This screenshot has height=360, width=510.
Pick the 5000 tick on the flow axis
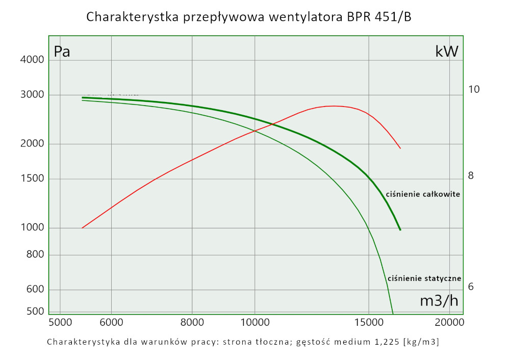tap(60, 322)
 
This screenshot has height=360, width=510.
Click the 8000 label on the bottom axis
tap(192, 322)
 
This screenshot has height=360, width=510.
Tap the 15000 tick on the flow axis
tap(368, 322)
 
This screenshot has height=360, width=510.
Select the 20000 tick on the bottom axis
tap(449, 322)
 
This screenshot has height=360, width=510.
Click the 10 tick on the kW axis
tap(474, 90)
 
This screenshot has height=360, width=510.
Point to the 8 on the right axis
tap(471, 176)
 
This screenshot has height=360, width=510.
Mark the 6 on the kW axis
tap(471, 287)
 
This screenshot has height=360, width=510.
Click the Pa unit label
tap(62, 52)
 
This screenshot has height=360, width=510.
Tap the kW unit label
tap(447, 52)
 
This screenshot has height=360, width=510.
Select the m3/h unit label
tap(439, 301)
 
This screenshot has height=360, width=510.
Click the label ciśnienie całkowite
tap(423, 194)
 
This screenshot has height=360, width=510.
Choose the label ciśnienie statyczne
tap(424, 278)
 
